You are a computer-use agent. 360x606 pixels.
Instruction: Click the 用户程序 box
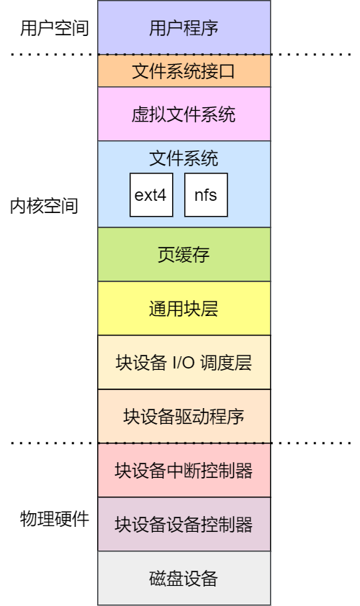[184, 29]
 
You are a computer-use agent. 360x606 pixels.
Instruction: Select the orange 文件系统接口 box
[184, 71]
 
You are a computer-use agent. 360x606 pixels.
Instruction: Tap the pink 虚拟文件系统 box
[184, 114]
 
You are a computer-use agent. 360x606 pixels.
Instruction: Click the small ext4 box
[151, 195]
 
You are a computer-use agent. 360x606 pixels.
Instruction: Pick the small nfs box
[206, 195]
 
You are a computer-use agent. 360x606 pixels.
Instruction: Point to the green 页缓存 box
[184, 255]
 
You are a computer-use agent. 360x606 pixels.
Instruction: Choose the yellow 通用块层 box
[184, 309]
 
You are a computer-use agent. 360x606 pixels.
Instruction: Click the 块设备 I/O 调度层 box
[184, 363]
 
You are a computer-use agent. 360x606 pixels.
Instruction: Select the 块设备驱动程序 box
[184, 417]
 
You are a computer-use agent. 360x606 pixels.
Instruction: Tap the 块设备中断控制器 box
[184, 471]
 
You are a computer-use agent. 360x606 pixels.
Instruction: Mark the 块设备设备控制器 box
[184, 525]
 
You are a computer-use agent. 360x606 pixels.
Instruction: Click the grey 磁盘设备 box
[184, 579]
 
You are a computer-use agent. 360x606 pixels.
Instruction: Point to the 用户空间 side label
[55, 29]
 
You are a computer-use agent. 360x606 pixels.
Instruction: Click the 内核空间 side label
[44, 206]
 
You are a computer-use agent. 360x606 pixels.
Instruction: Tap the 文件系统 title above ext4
[184, 158]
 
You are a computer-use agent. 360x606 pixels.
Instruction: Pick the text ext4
[151, 195]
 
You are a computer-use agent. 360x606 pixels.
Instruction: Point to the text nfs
[206, 195]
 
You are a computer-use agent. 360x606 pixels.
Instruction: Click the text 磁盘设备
[184, 579]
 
